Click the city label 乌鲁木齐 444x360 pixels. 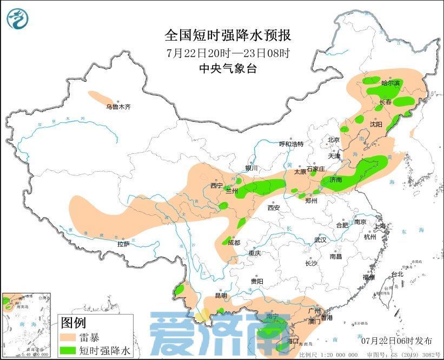click(118, 107)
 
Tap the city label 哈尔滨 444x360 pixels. click(390, 83)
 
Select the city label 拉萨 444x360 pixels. click(124, 244)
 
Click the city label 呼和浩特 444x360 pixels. click(291, 144)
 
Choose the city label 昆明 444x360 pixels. click(222, 296)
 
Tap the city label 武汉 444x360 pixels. click(321, 240)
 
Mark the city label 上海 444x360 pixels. click(380, 226)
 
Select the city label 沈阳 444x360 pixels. click(376, 125)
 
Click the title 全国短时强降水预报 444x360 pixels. click(228, 36)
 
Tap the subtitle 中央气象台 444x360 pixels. click(228, 69)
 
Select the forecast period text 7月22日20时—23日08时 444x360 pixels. click(228, 53)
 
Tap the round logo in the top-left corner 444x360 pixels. click(17, 19)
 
